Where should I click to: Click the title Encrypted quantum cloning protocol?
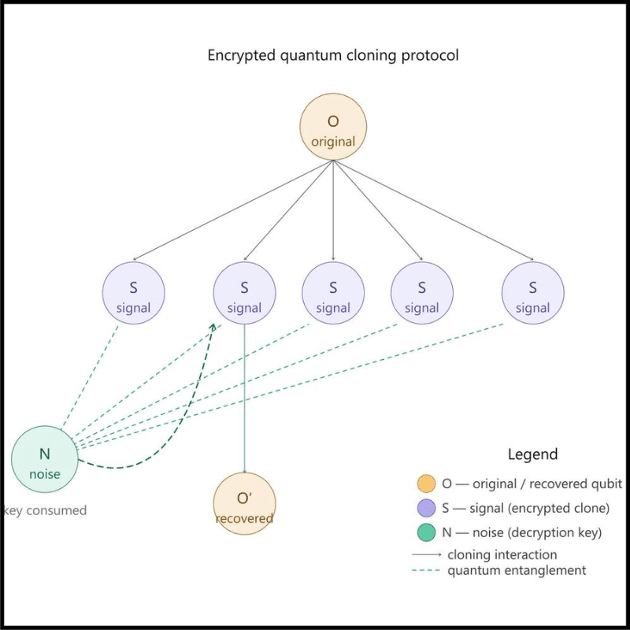tap(333, 56)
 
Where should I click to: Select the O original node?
tap(333, 128)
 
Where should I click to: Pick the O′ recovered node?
tap(244, 503)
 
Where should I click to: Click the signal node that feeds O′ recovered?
tap(244, 293)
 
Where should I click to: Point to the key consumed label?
tap(45, 510)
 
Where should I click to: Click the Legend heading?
tap(532, 454)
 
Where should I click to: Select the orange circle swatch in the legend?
tap(426, 484)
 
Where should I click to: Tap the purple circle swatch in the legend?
tap(426, 508)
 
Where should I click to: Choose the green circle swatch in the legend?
tap(426, 533)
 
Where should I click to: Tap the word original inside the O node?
tap(333, 143)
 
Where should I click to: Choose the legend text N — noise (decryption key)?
tap(522, 533)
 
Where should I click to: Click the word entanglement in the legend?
tap(545, 570)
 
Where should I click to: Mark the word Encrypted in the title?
tap(237, 56)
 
